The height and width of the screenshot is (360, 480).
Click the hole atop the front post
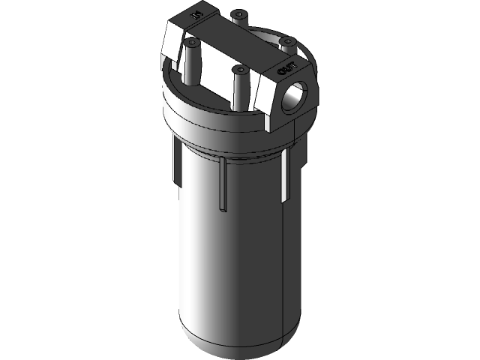[x=241, y=69]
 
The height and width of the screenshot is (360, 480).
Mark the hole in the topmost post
[x=239, y=13]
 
